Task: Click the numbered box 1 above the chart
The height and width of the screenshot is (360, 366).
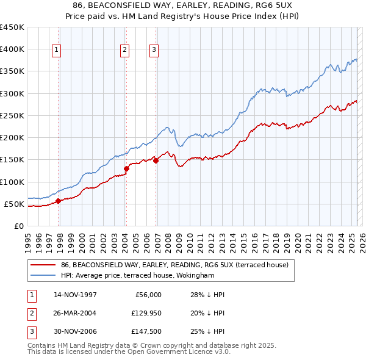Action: [56, 50]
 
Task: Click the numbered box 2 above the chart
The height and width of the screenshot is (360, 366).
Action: [124, 50]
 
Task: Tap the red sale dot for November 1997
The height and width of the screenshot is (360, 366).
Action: [58, 201]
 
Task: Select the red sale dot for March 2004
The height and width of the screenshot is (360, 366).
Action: [126, 168]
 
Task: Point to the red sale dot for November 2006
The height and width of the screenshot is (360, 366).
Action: [156, 160]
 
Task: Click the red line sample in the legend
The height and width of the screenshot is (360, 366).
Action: [43, 264]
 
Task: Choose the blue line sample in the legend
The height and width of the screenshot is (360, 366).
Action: [43, 275]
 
